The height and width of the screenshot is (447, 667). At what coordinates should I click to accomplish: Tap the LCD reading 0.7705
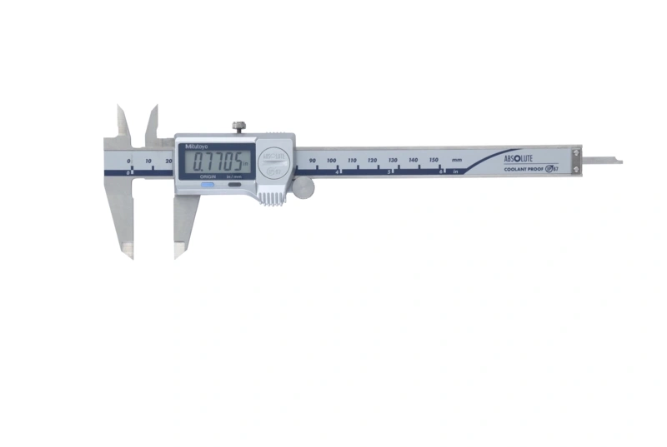(218, 161)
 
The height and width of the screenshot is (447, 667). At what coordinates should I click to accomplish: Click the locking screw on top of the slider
(239, 127)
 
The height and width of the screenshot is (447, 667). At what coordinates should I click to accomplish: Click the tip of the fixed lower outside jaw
(129, 255)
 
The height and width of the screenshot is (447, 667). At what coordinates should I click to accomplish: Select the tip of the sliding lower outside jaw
(177, 255)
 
